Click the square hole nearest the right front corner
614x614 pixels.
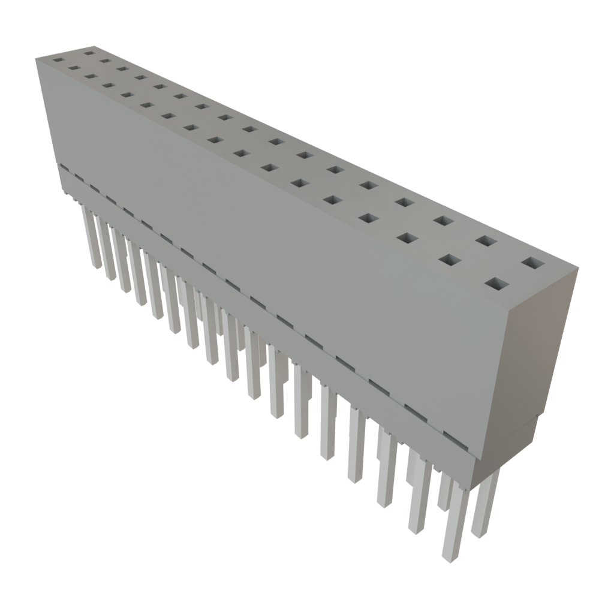tap(496, 284)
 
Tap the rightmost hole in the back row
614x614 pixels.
tap(531, 263)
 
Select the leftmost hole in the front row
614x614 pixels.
tap(58, 60)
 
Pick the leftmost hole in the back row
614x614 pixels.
tap(89, 53)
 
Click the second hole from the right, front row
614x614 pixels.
tap(450, 260)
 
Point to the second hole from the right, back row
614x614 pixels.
tap(486, 241)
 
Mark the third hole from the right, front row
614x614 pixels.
tap(407, 238)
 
